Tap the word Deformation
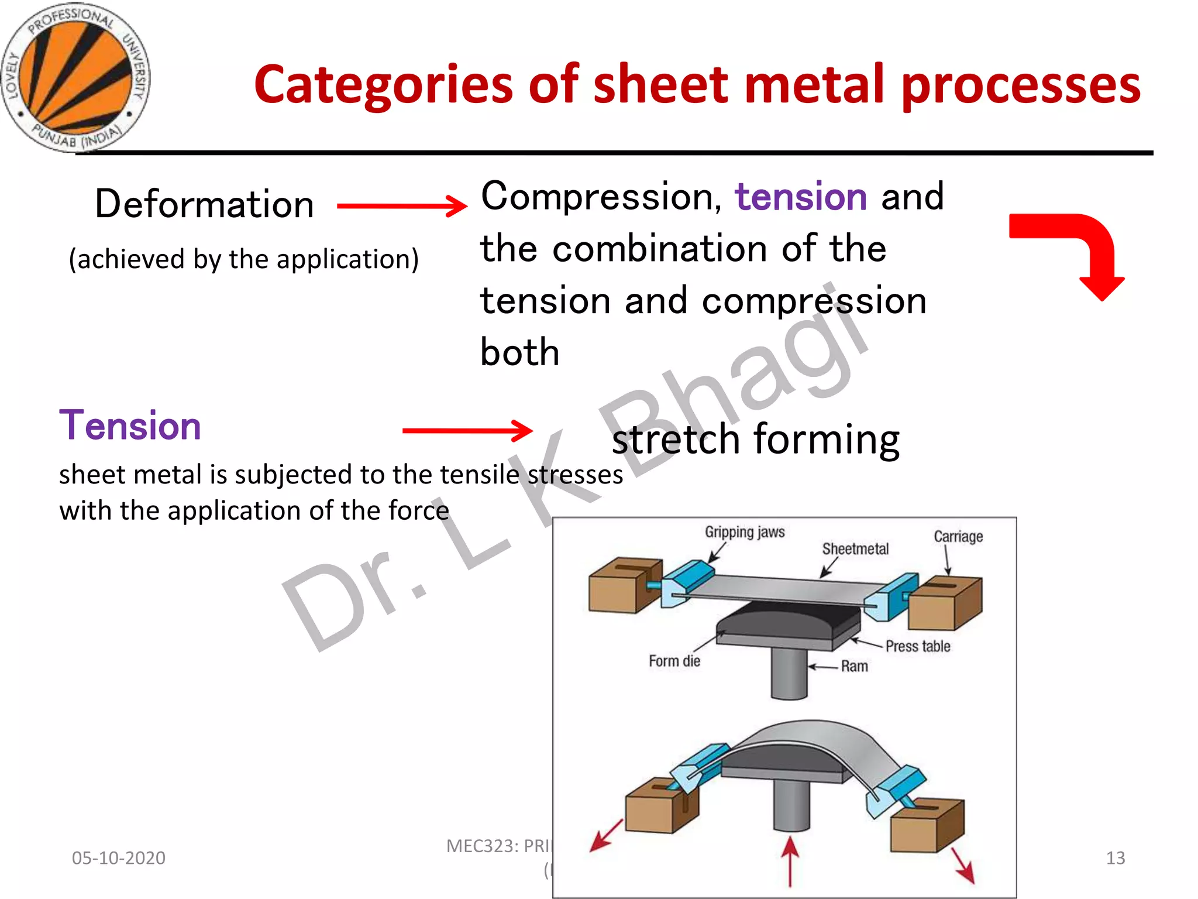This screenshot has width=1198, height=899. point(204,204)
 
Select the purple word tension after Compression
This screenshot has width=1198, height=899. point(800,197)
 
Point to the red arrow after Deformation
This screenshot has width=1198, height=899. point(402,205)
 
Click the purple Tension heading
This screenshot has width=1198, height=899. point(130,426)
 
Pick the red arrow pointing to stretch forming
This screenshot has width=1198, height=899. point(467,431)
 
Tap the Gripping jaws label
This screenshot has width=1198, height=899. point(744,532)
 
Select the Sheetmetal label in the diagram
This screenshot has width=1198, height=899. point(855,549)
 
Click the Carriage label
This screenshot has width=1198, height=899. point(958,537)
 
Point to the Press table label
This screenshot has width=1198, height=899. point(917,646)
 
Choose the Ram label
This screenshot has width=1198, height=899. point(854,666)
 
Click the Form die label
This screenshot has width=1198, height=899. point(674,661)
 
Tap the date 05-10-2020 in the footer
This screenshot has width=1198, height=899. point(118,858)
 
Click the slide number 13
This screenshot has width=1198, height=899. point(1115,858)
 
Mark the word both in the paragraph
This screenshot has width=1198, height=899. point(519,352)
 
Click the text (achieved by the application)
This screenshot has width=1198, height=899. point(243,259)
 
